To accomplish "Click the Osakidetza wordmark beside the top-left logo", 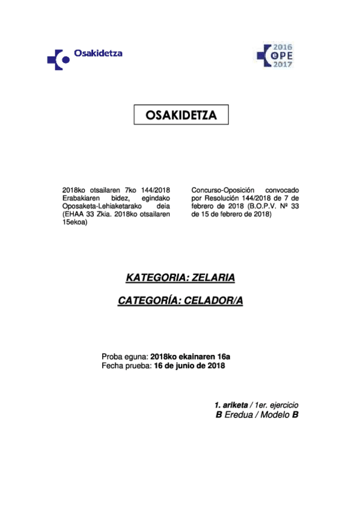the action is [98, 53].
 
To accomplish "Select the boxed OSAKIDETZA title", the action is [180, 115].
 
